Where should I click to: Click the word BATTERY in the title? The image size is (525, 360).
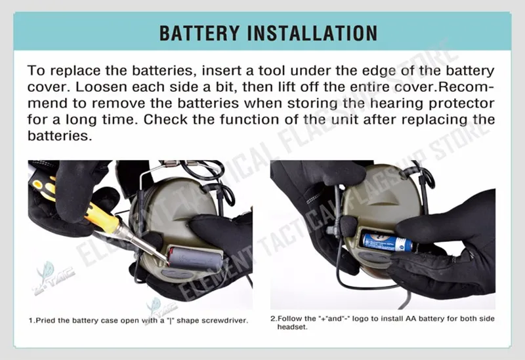[199, 33]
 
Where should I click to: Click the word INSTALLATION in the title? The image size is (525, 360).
[312, 33]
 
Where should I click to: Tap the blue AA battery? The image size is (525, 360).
[387, 242]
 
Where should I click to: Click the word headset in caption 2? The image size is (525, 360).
[292, 327]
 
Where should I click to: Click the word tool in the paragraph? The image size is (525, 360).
[272, 71]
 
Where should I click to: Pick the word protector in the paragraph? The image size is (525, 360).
[462, 104]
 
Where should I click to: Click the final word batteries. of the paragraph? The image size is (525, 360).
[60, 136]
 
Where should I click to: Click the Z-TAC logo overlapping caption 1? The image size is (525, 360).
[161, 310]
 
